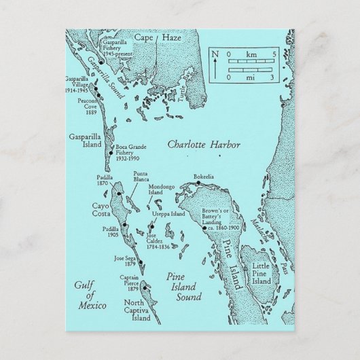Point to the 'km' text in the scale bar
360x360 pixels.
(x=249, y=54)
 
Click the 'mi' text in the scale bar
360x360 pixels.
(x=249, y=78)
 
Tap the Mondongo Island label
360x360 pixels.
(x=163, y=188)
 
